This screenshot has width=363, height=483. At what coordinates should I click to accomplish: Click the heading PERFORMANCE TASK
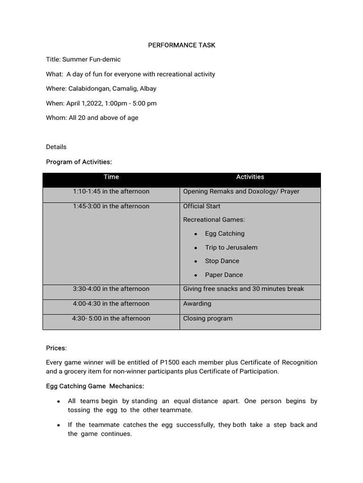[x=181, y=45]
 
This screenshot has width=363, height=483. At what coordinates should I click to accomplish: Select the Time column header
[x=111, y=177]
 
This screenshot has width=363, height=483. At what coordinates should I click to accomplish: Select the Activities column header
[x=250, y=177]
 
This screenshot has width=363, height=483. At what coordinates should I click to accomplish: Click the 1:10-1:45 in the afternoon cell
[x=111, y=192]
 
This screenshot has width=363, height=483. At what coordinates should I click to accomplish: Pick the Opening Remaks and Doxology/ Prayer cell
[x=241, y=192]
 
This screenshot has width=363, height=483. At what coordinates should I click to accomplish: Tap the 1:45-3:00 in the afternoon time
[x=111, y=206]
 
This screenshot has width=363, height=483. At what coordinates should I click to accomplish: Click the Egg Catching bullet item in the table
[x=225, y=233]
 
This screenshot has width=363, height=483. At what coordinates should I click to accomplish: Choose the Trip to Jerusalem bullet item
[x=231, y=247]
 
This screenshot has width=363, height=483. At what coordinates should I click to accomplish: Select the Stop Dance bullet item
[x=222, y=261]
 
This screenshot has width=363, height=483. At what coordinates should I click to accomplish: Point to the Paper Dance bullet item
[x=224, y=275]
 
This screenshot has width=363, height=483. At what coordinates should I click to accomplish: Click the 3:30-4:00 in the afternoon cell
[x=111, y=289]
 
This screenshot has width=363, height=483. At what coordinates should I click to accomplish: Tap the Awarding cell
[x=197, y=304]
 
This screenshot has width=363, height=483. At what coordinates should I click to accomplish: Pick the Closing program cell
[x=207, y=318]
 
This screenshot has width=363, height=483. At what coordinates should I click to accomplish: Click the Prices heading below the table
[x=56, y=348]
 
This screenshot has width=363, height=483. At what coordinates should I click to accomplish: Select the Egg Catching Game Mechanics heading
[x=95, y=386]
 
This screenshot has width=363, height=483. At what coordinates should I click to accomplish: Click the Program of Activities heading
[x=79, y=162]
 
